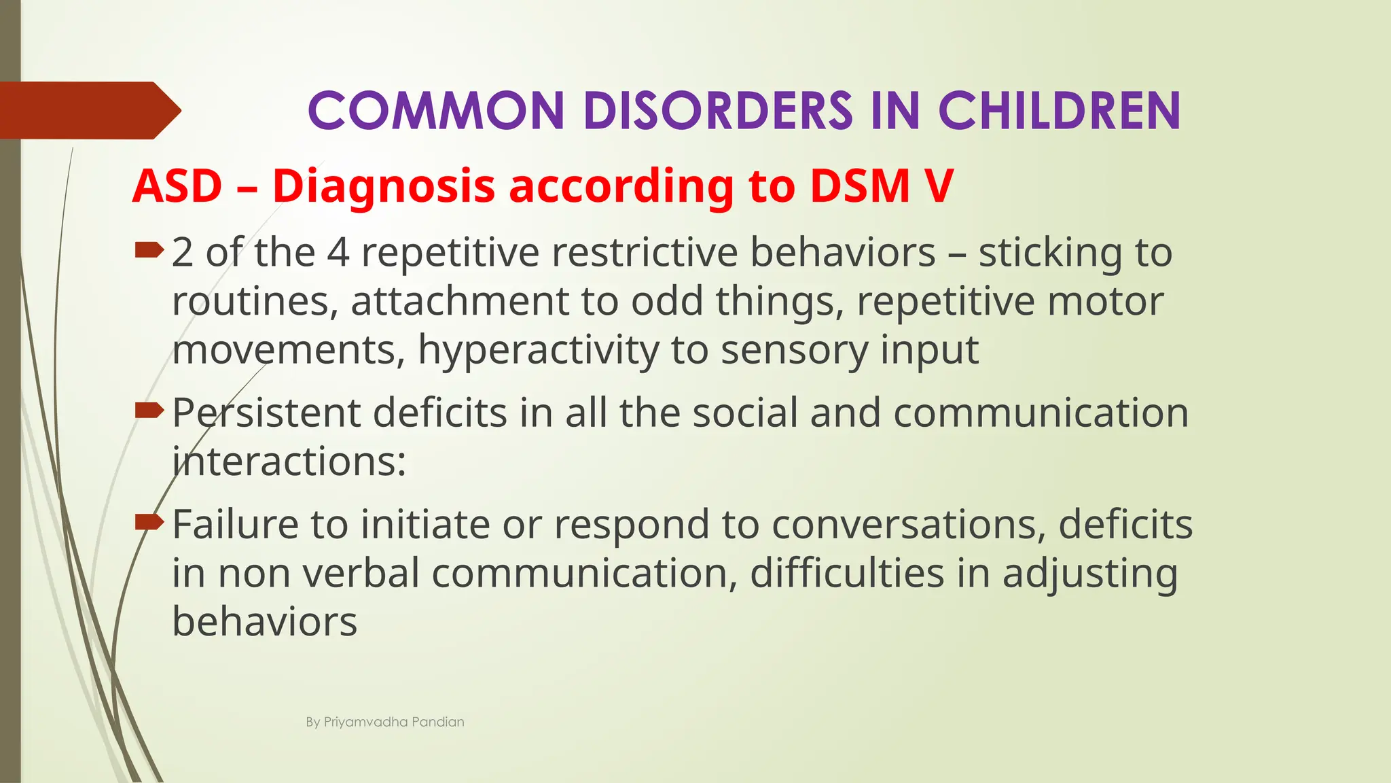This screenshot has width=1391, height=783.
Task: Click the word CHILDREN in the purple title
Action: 1059,111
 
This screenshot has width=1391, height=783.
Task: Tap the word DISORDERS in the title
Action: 717,111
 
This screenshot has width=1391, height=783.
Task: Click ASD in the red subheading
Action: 177,186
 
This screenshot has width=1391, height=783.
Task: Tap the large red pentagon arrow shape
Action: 88,110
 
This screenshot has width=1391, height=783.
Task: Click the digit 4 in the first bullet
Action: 338,253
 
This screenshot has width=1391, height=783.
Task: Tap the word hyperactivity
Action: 538,351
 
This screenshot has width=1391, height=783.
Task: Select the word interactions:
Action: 289,462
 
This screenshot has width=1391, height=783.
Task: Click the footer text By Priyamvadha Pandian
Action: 384,722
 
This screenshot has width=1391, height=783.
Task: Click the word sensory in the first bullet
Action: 794,351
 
